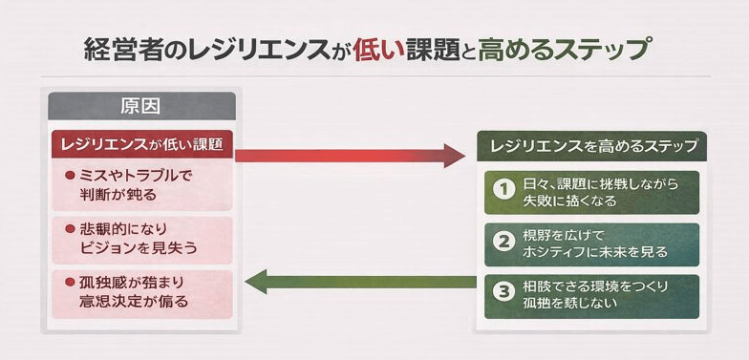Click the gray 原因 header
(x=140, y=105)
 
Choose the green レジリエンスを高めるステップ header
(x=591, y=147)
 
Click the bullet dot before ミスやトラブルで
(x=70, y=177)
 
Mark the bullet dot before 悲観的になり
(x=70, y=230)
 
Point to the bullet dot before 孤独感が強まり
(x=70, y=284)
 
